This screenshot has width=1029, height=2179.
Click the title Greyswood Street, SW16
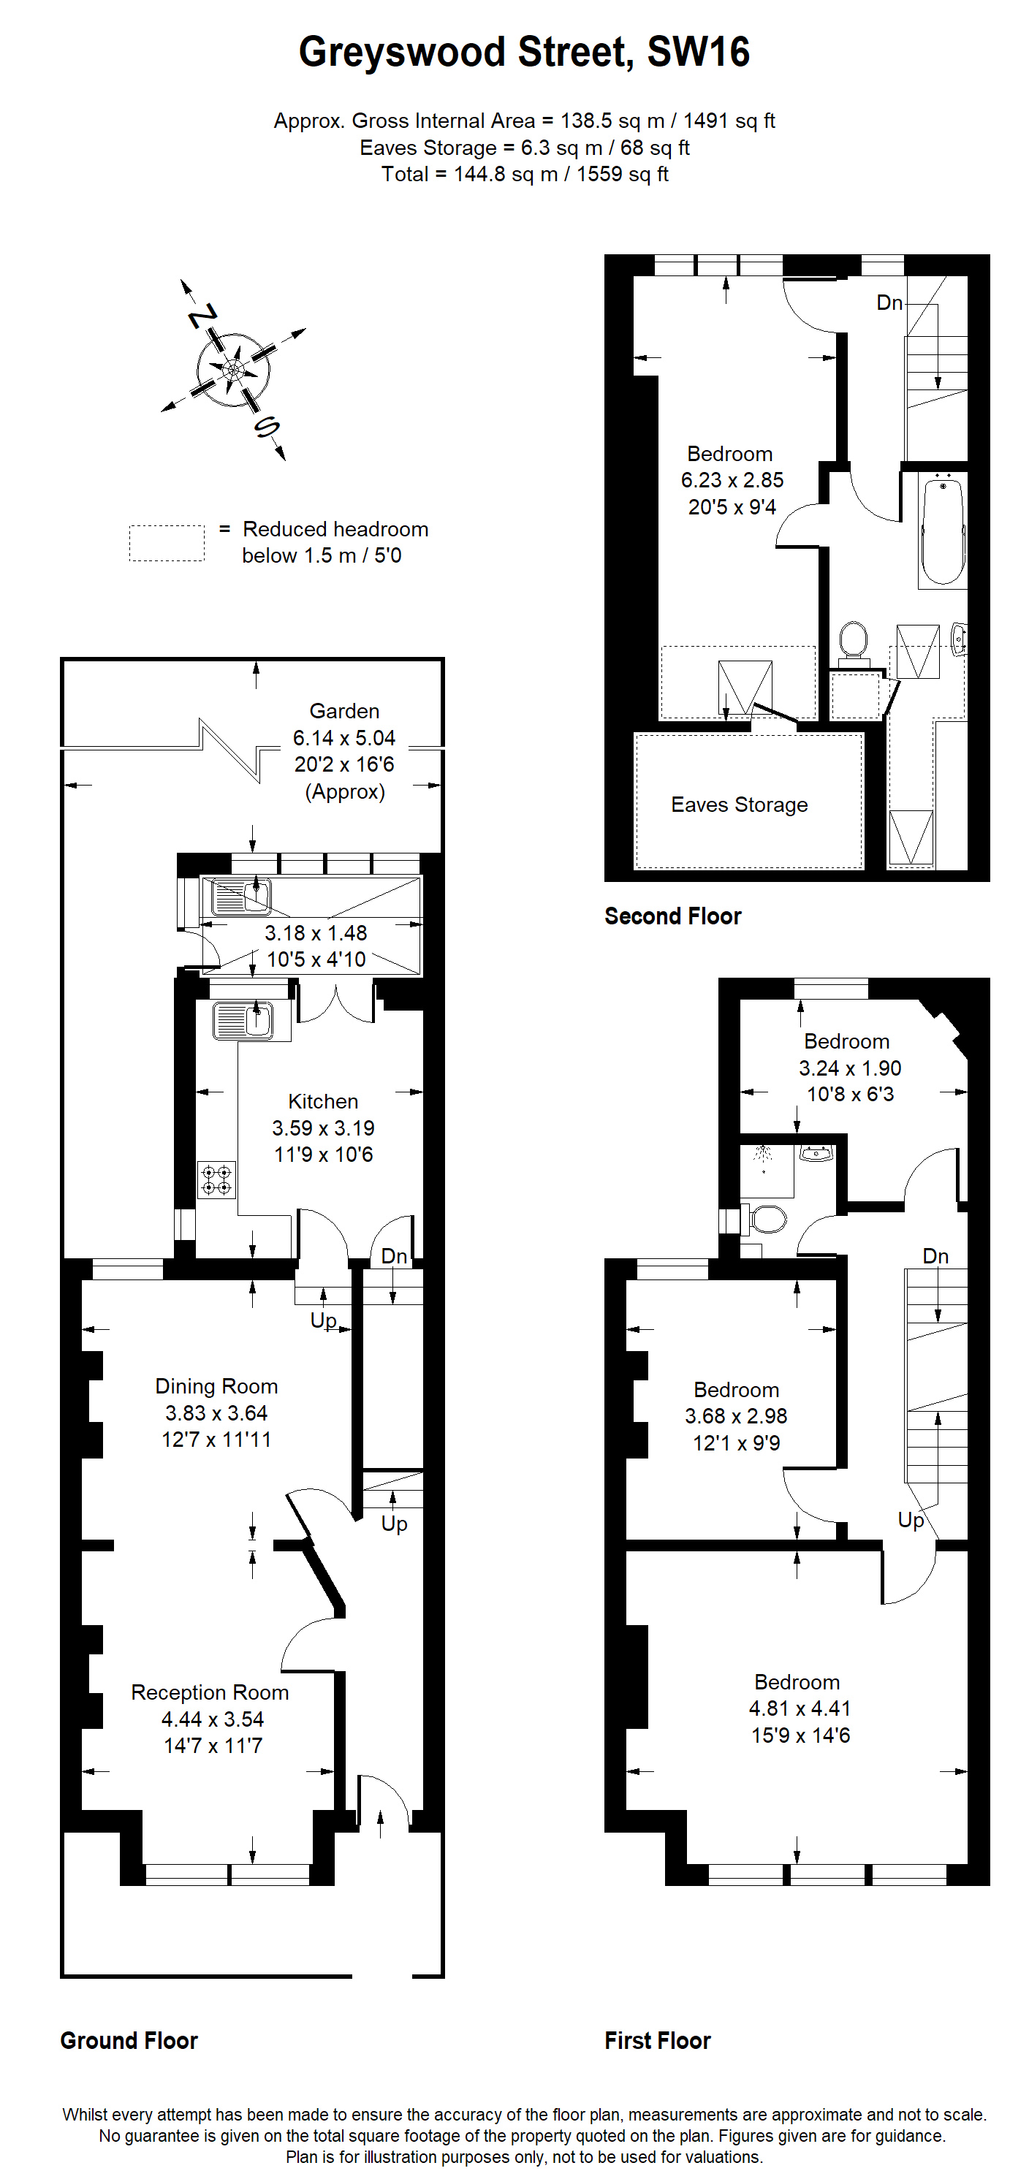pyautogui.click(x=524, y=53)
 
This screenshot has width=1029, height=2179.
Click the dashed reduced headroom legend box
pyautogui.click(x=167, y=543)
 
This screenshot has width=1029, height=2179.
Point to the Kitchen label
pyautogui.click(x=323, y=1101)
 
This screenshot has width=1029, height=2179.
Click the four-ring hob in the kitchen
pyautogui.click(x=216, y=1180)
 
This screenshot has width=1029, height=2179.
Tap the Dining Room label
pyautogui.click(x=216, y=1385)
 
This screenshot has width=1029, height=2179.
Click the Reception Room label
pyautogui.click(x=210, y=1692)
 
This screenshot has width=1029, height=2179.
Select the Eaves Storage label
pyautogui.click(x=740, y=805)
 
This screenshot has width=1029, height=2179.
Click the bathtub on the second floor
pyautogui.click(x=943, y=530)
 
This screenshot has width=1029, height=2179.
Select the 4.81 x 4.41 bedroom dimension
pyautogui.click(x=800, y=1708)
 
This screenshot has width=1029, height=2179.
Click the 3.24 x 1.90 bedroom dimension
pyautogui.click(x=851, y=1068)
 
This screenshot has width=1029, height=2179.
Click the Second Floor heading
pyautogui.click(x=673, y=916)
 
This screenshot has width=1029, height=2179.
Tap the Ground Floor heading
pyautogui.click(x=129, y=2040)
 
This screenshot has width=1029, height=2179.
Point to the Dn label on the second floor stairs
pyautogui.click(x=889, y=302)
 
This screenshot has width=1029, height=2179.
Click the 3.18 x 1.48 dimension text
pyautogui.click(x=316, y=933)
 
